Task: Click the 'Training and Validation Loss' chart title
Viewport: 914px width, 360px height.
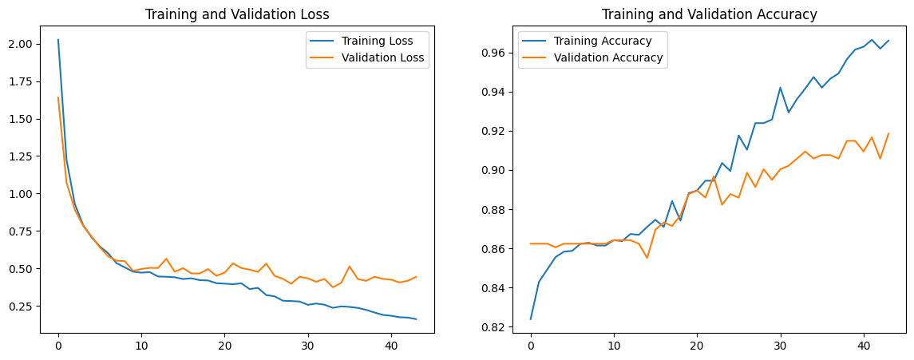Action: click(236, 14)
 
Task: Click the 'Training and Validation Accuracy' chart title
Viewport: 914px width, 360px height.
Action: click(709, 14)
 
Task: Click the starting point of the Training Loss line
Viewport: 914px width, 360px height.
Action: click(57, 39)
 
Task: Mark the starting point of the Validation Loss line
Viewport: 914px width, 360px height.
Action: click(57, 97)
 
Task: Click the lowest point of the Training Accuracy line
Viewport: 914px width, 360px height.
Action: click(530, 319)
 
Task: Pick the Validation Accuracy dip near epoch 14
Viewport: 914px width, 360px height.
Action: click(647, 257)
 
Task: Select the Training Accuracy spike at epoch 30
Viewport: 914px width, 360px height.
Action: click(780, 87)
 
